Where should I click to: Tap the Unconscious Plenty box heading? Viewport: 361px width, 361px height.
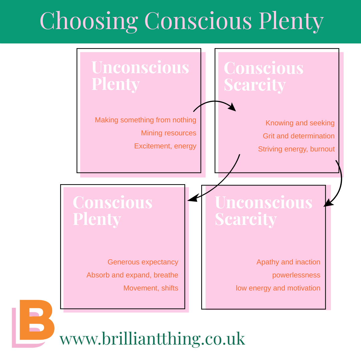[140, 76]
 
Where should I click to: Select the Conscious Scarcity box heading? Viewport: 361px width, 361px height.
[263, 76]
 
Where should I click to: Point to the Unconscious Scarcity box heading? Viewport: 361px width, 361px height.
[263, 211]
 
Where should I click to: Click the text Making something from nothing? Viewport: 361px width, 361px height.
[145, 120]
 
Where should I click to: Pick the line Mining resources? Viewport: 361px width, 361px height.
[168, 133]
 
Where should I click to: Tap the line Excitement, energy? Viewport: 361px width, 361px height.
[165, 146]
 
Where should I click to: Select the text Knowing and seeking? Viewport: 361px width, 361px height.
[300, 123]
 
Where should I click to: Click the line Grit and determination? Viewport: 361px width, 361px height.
[298, 136]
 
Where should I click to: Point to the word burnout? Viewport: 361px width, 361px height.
[322, 149]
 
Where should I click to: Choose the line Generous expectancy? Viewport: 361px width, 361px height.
[143, 262]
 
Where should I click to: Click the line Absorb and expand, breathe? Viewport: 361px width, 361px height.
[132, 275]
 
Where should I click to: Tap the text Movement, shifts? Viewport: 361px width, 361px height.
[151, 288]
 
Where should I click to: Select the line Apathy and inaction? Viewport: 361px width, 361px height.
[288, 262]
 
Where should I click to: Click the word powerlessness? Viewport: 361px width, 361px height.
[296, 275]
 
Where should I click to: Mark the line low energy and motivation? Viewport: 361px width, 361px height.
[278, 288]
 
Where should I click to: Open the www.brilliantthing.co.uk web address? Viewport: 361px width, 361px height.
[152, 338]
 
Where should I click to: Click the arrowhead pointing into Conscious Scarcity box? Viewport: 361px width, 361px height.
[232, 108]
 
